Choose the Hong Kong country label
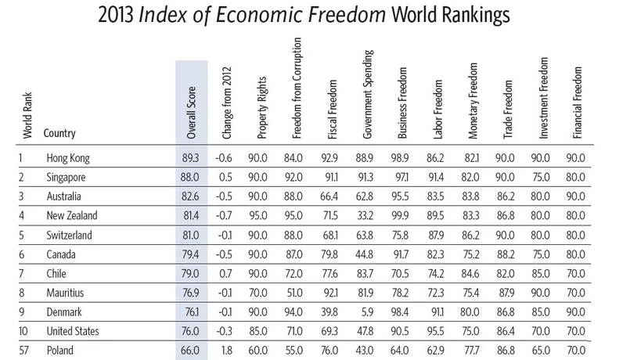coord(69,158)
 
